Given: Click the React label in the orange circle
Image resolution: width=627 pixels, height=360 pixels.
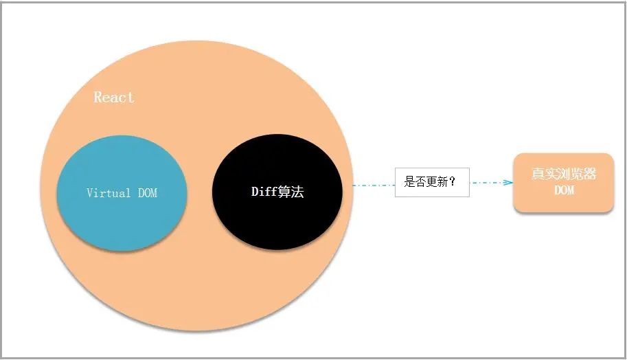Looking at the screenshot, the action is tap(114, 97).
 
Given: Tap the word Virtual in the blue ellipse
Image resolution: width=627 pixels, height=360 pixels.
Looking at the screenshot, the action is tap(109, 193).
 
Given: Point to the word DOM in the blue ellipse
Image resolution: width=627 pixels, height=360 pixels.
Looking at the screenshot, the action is tap(148, 193).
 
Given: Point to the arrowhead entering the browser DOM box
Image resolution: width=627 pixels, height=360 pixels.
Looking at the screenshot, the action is tap(508, 183).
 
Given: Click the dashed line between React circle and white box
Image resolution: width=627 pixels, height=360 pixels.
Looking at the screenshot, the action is tap(374, 184).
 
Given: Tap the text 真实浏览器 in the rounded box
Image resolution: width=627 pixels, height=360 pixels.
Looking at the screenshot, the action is tap(564, 174).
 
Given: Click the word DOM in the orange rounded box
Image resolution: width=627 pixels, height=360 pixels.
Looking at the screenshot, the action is tap(564, 190).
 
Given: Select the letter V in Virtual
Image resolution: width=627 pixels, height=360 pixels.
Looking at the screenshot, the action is tap(90, 193).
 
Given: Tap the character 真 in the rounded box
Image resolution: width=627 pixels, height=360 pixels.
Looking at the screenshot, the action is tap(538, 174).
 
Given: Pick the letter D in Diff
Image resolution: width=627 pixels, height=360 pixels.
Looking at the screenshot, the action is tap(255, 192).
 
